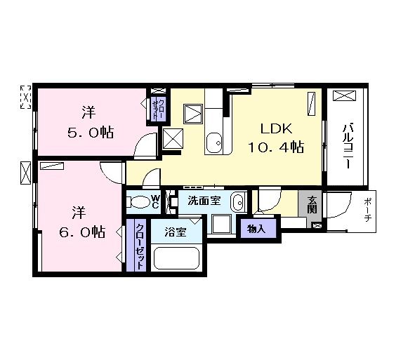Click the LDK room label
[276, 130]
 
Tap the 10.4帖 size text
[275, 147]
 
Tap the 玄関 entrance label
[312, 205]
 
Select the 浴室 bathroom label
[175, 231]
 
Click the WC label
[155, 202]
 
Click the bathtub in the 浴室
[176, 258]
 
